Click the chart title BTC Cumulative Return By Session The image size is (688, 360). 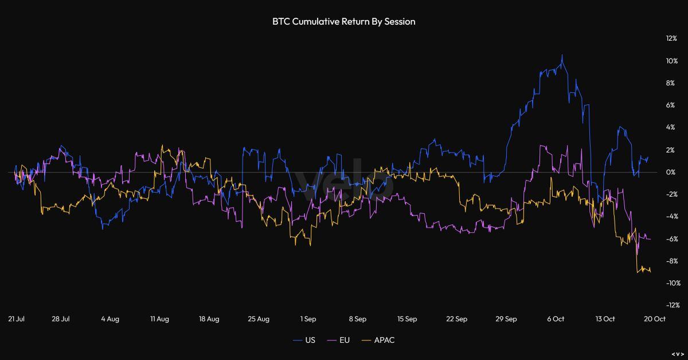[344, 22]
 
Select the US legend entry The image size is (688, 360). [304, 340]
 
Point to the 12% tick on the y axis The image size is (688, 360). [671, 38]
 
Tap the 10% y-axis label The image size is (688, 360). [671, 61]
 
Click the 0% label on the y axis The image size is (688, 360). [672, 172]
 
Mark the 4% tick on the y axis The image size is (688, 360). [672, 127]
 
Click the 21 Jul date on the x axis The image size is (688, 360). [15, 319]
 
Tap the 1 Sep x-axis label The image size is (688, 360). [308, 319]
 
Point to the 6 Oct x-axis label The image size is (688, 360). [555, 319]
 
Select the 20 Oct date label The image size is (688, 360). [655, 319]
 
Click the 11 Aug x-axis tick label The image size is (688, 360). [159, 319]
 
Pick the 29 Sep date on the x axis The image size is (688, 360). [506, 319]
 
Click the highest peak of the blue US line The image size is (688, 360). [562, 55]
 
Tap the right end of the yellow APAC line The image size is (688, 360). [650, 272]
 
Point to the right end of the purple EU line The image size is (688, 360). [650, 239]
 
